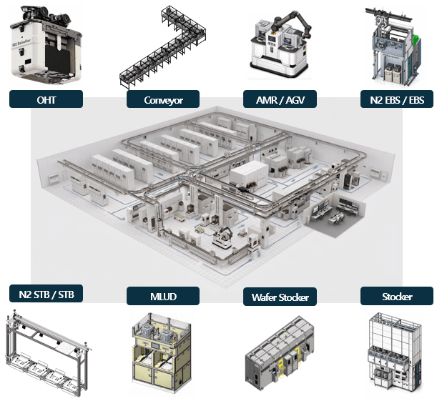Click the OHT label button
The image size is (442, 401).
pos(46,99)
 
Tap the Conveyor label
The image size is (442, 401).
pos(163,99)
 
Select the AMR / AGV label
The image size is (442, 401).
pos(280,99)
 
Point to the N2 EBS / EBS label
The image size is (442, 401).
pos(397,99)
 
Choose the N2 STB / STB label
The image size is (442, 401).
pos(46,293)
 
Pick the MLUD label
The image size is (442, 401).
pos(163,296)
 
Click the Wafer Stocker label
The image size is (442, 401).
pos(280,297)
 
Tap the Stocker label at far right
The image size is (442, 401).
pos(397,296)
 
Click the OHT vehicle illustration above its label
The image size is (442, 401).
pos(46,45)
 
